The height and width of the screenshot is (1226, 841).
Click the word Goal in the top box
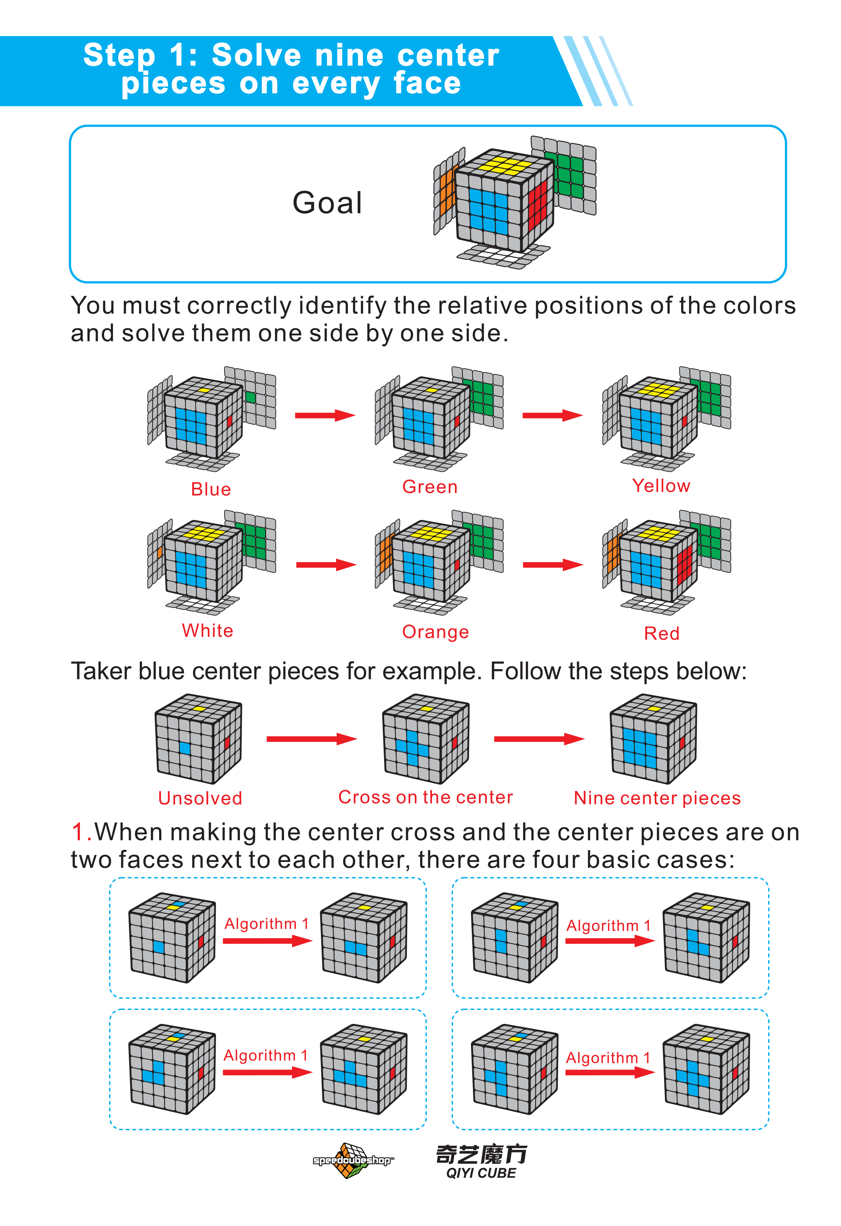[x=327, y=203]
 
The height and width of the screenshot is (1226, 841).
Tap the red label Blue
[x=211, y=489]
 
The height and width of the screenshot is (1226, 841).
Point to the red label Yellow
[x=661, y=485]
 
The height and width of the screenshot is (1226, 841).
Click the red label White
[x=207, y=630]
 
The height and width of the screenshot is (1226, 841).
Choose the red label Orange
[x=435, y=632]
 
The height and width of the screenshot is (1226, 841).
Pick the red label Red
[x=661, y=633]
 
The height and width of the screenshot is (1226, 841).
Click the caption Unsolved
[x=200, y=798]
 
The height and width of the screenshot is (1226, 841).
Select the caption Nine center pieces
[x=657, y=798]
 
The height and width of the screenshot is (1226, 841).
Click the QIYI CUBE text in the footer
[x=481, y=1173]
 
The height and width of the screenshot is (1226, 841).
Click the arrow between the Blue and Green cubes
[x=325, y=415]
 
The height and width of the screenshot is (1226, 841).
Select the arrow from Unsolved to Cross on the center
[x=312, y=739]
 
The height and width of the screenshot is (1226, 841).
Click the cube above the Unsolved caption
[x=199, y=739]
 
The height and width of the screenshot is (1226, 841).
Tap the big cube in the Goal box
[x=504, y=201]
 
